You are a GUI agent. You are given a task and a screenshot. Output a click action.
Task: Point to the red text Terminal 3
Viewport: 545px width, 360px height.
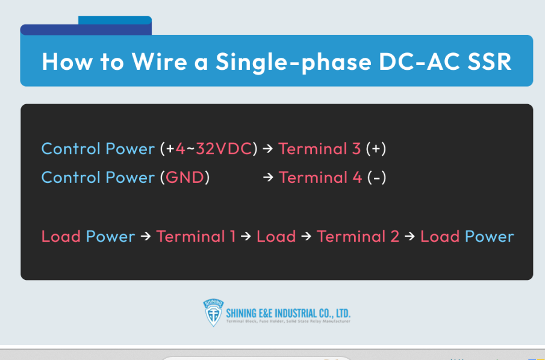[320, 149]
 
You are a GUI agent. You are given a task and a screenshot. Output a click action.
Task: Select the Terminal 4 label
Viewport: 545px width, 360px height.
[320, 178]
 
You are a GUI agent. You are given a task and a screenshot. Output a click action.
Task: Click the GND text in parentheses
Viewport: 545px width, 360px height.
[185, 178]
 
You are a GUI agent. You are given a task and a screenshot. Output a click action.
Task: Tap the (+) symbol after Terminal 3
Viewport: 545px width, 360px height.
[376, 149]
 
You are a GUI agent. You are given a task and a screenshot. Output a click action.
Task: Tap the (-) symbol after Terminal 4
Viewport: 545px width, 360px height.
[376, 178]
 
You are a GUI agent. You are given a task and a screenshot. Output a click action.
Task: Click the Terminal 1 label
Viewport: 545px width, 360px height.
[196, 237]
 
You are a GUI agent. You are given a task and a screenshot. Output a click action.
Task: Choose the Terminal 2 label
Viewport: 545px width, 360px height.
[358, 237]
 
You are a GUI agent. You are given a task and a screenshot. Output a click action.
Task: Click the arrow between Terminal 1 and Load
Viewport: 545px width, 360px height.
[246, 237]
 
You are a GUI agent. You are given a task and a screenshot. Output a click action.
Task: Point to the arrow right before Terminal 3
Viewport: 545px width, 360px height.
[268, 149]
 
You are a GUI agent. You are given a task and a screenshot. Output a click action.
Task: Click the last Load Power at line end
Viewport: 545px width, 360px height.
[467, 237]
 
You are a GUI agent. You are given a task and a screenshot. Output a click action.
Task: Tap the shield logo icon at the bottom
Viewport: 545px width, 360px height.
[213, 313]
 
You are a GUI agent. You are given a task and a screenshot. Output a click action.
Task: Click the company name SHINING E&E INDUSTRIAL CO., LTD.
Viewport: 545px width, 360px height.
[288, 313]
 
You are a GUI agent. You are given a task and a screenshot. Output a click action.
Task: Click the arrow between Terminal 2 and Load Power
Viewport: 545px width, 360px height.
[410, 237]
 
